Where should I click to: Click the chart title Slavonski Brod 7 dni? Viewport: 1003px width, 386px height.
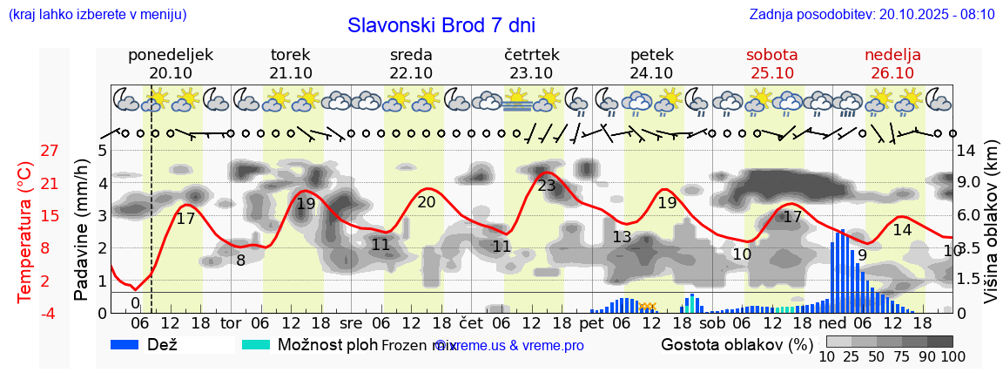441,25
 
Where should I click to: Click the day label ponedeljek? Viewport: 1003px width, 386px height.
170,55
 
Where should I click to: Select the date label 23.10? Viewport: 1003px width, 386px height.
531,73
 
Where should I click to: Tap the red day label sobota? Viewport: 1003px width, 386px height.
771,55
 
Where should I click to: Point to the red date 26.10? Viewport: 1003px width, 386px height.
892,73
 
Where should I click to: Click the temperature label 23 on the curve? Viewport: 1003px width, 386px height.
547,186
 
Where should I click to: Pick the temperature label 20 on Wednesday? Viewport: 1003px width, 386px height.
427,202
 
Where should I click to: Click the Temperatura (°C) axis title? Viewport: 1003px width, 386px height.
25,232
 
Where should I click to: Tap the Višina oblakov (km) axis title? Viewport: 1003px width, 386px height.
992,232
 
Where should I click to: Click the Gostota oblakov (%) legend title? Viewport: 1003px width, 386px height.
737,344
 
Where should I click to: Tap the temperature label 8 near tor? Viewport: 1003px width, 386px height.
240,260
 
